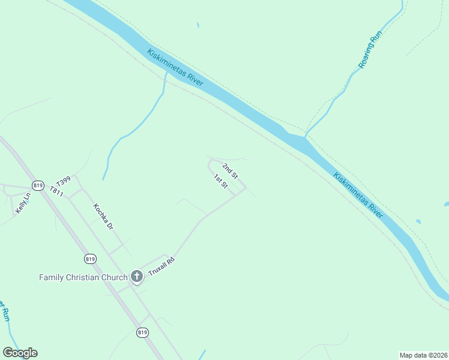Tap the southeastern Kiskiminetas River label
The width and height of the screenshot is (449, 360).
click(x=358, y=196)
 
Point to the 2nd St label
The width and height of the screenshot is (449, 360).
click(x=231, y=171)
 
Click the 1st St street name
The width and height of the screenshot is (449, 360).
click(x=221, y=181)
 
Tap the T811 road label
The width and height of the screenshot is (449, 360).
click(x=56, y=191)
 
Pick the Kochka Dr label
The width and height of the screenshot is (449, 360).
click(x=103, y=217)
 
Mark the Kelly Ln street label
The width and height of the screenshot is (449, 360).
click(x=23, y=204)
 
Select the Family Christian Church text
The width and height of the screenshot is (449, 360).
click(x=83, y=277)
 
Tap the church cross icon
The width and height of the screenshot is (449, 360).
click(x=137, y=277)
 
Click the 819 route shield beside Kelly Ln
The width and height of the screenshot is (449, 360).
click(x=38, y=185)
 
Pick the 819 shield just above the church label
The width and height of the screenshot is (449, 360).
click(x=90, y=259)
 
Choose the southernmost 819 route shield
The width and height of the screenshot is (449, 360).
click(x=142, y=332)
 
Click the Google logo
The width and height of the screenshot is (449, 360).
click(x=20, y=353)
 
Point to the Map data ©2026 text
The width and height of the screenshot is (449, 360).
click(x=423, y=355)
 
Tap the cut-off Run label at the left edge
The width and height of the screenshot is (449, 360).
click(x=5, y=311)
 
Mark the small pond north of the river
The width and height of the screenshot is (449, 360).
click(x=197, y=25)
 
